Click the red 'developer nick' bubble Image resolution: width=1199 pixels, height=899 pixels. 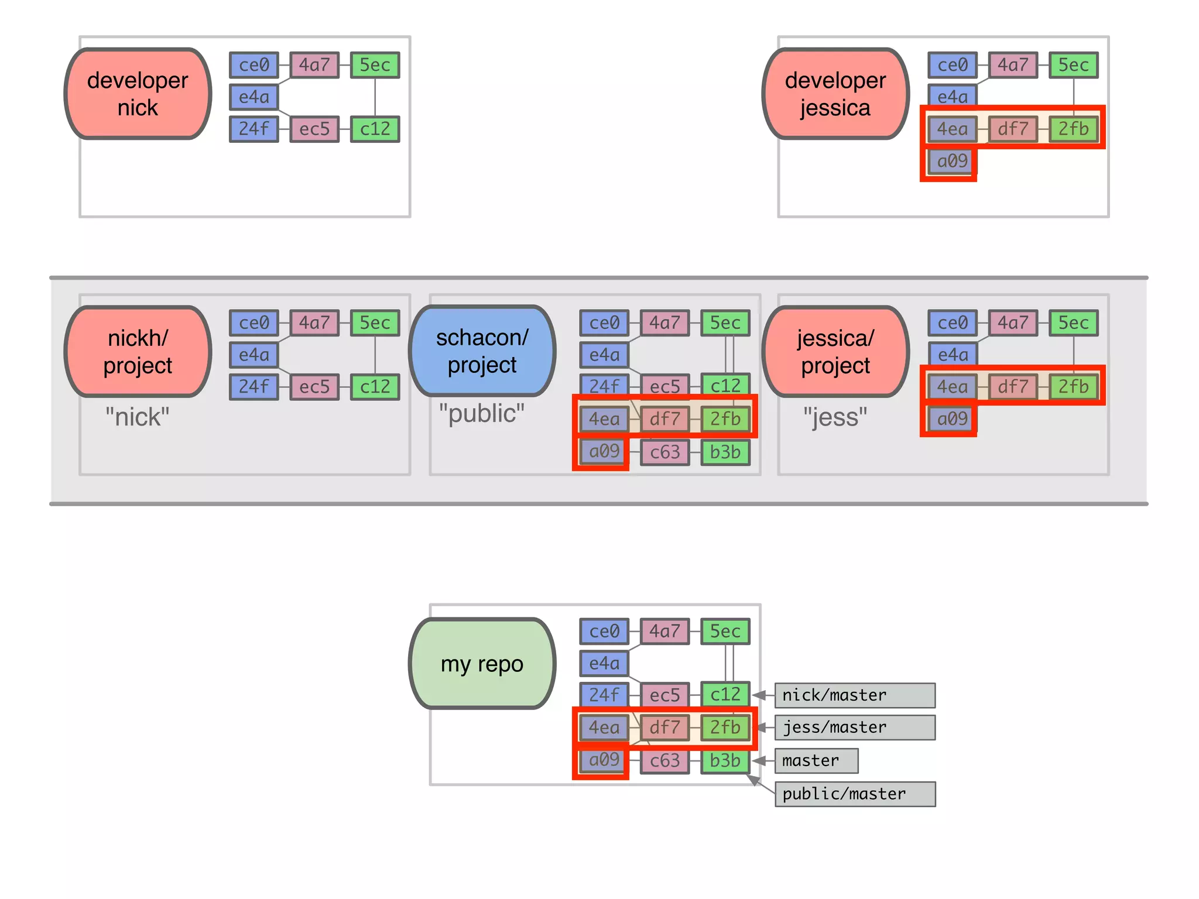point(138,94)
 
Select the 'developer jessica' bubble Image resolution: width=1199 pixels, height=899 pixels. point(835,94)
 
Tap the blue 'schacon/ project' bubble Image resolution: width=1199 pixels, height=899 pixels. point(482,351)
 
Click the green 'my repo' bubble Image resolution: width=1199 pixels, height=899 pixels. point(482,664)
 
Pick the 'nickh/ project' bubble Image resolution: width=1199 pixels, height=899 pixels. point(138,351)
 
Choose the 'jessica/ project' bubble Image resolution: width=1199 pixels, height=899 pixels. point(835,351)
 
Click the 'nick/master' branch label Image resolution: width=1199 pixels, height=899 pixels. point(854,695)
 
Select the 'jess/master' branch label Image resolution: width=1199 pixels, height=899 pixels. point(854,728)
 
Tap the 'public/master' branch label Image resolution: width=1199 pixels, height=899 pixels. point(854,794)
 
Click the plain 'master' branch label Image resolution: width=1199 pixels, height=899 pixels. point(816,761)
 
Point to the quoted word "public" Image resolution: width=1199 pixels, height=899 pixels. point(482,414)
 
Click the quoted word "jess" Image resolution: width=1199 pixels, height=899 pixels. point(835,417)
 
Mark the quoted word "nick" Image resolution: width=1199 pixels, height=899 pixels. point(138,417)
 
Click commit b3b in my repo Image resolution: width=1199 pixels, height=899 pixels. point(725,760)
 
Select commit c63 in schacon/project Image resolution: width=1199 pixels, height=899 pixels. point(664,452)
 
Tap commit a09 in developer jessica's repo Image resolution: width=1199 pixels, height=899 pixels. point(952,161)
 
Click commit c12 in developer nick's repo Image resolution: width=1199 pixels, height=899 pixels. point(375,129)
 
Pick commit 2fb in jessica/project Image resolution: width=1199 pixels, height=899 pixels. point(1073,387)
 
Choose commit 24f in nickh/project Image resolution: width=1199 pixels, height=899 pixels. point(253,387)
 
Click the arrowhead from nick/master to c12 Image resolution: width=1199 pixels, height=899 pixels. point(759,695)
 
